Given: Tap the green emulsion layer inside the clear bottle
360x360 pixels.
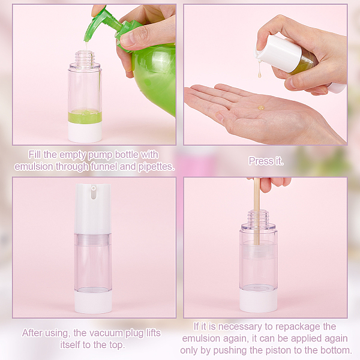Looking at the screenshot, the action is [x=85, y=116].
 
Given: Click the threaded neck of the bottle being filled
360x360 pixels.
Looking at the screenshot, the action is [x=85, y=58].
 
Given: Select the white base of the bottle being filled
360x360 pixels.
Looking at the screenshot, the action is [x=85, y=132].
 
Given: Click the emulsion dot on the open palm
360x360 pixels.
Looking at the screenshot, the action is [x=261, y=107].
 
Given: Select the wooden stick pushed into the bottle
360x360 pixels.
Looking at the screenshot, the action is [x=257, y=211].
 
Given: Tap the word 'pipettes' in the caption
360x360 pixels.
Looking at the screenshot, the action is [x=157, y=167].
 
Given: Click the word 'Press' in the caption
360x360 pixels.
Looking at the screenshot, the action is [x=258, y=161].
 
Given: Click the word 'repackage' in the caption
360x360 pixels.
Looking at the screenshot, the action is [x=294, y=327].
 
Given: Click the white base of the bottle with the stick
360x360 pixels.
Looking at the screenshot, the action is [x=259, y=301].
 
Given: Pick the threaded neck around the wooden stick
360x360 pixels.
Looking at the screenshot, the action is [x=259, y=217].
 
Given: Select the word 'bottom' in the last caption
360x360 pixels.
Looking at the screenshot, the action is [x=337, y=350].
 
